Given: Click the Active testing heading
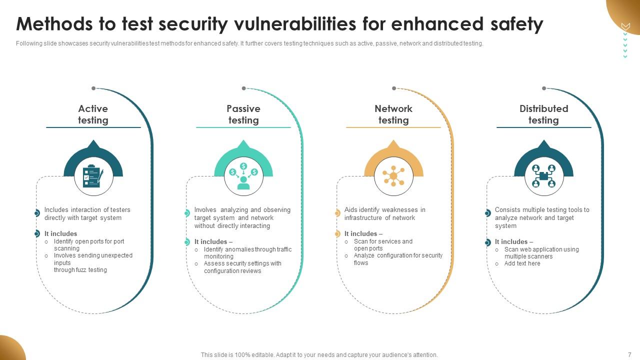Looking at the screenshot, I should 93,114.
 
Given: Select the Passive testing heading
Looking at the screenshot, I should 243,114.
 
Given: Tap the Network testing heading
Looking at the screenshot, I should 393,114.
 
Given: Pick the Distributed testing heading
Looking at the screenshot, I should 543,114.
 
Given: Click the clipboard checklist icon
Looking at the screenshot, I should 93,176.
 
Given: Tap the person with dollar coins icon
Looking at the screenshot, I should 243,176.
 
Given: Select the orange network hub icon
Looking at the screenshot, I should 393,176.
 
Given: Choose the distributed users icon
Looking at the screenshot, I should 543,176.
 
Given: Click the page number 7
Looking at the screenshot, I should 629,354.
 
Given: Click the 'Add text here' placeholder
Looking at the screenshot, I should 522,263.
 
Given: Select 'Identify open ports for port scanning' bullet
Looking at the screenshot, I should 89,245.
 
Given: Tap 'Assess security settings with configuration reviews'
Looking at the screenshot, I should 242,267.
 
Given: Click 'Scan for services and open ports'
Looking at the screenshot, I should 383,245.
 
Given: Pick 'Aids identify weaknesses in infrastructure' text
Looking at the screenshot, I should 384,214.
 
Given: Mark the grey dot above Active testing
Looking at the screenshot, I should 93,88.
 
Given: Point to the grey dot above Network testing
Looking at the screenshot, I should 394,88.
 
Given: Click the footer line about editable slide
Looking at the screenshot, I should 319,355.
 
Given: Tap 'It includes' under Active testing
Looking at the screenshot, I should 60,233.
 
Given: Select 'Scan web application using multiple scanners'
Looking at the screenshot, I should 541,253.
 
